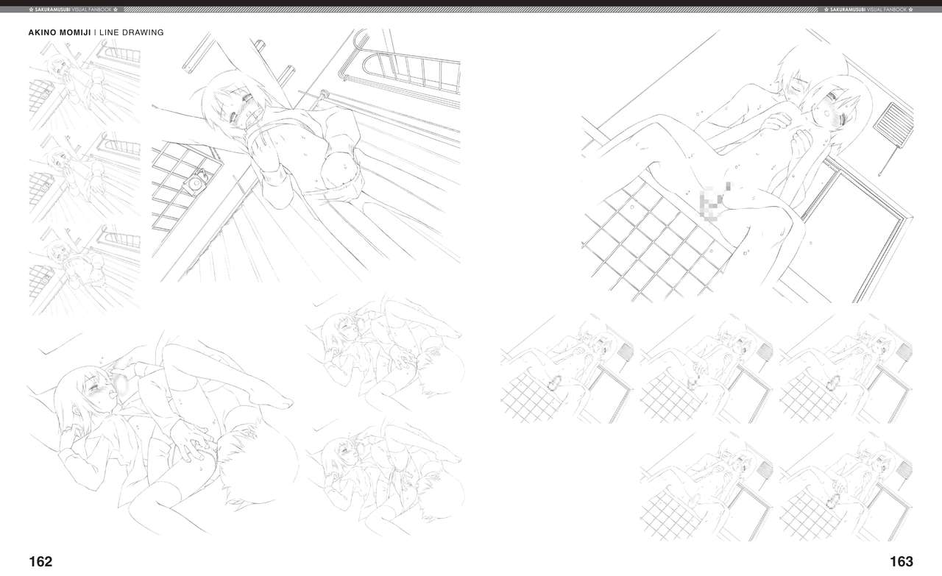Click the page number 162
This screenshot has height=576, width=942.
[40, 561]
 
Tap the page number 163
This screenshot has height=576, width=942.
[902, 561]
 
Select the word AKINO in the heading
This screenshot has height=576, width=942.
[41, 32]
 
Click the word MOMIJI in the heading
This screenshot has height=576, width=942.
[74, 32]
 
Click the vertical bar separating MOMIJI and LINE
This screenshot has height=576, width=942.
[96, 32]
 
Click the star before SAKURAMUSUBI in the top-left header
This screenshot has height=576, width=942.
[32, 10]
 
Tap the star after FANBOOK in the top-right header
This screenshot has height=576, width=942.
[910, 10]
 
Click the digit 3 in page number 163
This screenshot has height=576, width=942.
[909, 561]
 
